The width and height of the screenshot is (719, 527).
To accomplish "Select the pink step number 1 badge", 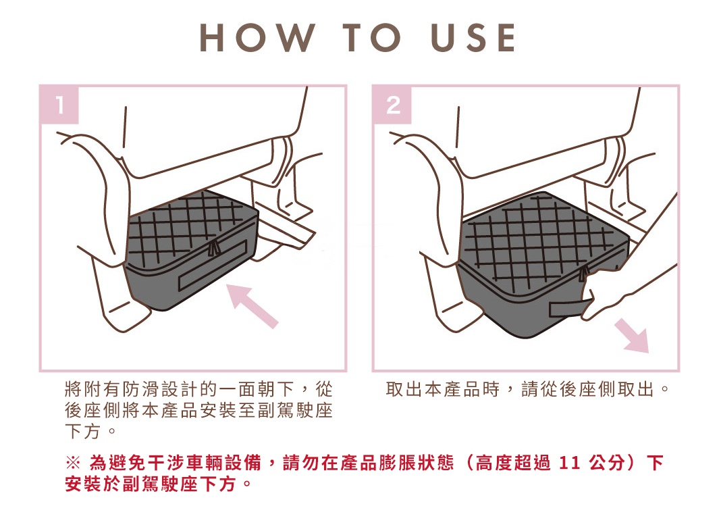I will pos(59,105).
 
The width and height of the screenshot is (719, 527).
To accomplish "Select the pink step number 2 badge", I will pos(393,105).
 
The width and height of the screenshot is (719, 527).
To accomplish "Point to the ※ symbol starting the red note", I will pos(73,463).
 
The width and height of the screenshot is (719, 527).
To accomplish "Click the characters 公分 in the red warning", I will pos(607,463).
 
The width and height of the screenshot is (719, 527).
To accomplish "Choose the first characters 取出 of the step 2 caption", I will pos(404,390).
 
